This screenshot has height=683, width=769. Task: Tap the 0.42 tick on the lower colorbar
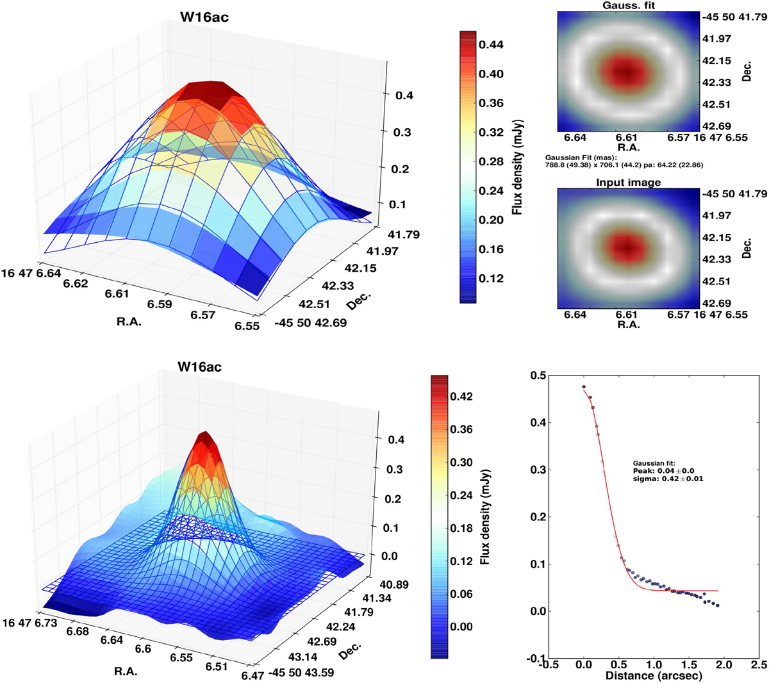(x=461, y=397)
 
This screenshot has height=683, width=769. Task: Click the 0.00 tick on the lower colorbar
(x=461, y=626)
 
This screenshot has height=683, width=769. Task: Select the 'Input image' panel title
(x=628, y=183)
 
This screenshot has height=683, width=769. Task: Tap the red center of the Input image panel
(x=627, y=246)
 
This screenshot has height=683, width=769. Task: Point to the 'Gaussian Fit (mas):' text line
(x=580, y=156)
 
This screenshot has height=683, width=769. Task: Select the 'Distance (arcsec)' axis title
(x=653, y=675)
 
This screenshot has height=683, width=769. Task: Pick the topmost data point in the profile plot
(x=584, y=387)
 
